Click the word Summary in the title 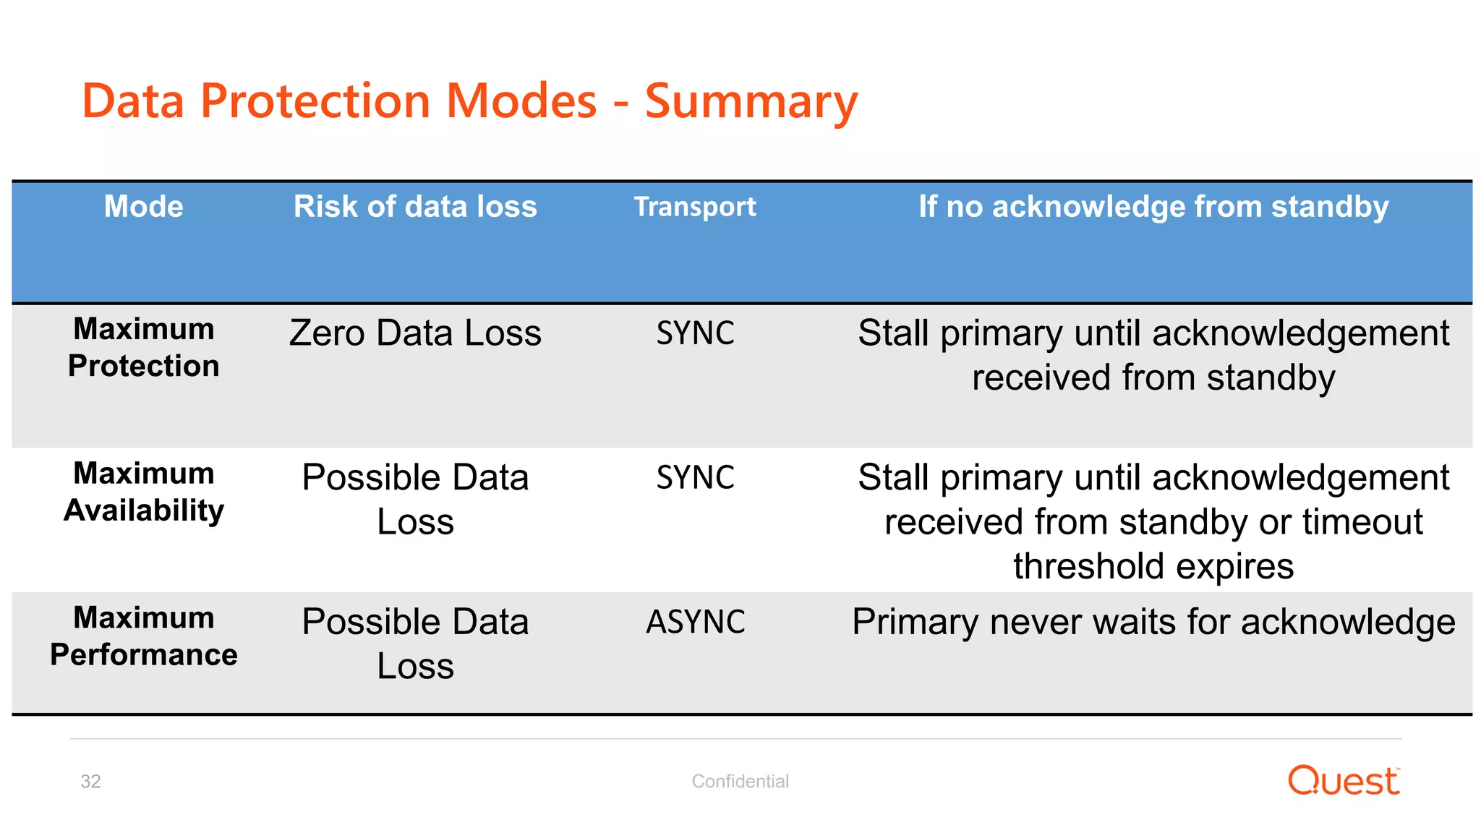pos(750,101)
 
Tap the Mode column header pos(143,207)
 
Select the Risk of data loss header pos(415,207)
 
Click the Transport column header pos(695,207)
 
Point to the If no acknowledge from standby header pos(1153,207)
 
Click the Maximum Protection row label pos(143,347)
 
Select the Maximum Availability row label pos(143,492)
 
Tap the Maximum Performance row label pos(143,636)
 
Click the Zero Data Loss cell pos(415,333)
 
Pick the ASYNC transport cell pos(695,622)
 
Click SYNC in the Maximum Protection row pos(695,333)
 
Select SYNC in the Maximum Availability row pos(695,478)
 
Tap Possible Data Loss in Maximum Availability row pos(415,499)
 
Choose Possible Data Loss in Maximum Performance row pos(415,643)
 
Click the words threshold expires pos(1153,566)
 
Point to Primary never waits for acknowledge pos(1153,622)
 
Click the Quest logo pos(1344,781)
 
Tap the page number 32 pos(90,782)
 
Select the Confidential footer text pos(740,781)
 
